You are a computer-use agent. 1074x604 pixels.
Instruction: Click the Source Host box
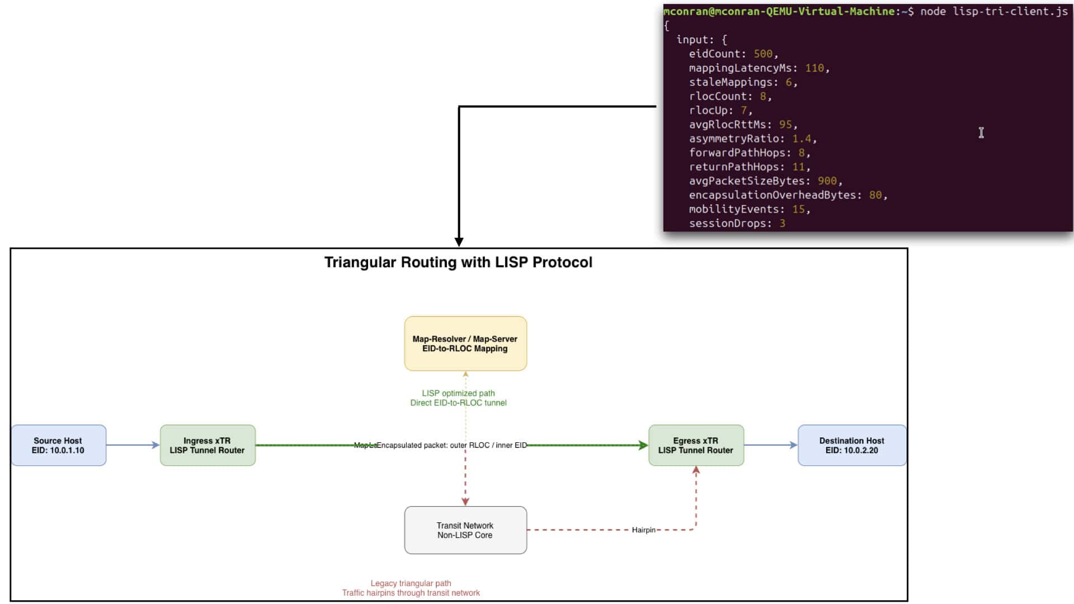pos(59,445)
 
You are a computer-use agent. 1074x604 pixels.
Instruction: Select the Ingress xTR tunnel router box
pos(208,445)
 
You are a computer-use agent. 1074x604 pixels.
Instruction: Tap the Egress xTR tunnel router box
pos(696,445)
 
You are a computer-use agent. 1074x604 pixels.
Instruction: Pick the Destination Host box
pos(852,445)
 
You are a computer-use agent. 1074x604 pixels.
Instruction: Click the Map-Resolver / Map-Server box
pos(465,343)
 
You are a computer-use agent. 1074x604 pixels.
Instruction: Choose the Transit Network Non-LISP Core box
pos(465,530)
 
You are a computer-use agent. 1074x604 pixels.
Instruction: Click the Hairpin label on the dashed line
pos(643,530)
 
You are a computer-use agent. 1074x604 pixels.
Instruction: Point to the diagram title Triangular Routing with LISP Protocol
pos(458,262)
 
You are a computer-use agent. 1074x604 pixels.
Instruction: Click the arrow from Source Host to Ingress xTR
pos(133,445)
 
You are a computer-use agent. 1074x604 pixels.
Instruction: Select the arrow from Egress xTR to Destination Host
pos(771,445)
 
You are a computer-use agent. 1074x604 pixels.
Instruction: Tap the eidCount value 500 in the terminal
pos(763,54)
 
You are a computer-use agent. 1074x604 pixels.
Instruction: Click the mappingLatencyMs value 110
pos(814,68)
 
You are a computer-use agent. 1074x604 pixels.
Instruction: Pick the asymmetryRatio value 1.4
pos(802,138)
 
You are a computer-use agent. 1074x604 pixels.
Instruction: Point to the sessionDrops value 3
pos(782,223)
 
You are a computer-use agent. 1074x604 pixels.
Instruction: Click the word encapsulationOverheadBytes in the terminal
pos(776,195)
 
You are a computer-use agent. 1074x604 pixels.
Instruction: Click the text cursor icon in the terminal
pos(981,133)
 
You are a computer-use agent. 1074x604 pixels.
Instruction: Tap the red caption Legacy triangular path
pos(411,583)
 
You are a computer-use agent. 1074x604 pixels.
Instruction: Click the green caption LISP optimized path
pos(458,393)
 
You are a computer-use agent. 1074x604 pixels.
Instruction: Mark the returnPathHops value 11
pos(798,167)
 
